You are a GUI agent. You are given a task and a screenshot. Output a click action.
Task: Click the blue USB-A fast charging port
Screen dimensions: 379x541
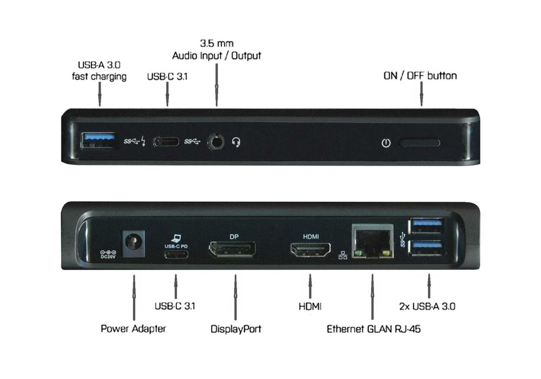pos(100,141)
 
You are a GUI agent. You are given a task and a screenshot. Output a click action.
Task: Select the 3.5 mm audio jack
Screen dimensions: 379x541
pos(216,142)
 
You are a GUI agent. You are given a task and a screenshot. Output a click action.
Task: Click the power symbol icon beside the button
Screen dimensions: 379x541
pos(386,143)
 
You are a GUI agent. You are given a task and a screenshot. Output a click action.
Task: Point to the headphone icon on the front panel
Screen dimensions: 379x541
pos(236,142)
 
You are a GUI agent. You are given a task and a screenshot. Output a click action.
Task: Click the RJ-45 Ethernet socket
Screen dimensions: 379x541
pos(372,240)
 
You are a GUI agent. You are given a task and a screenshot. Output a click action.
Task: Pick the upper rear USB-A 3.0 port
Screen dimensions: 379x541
pos(428,225)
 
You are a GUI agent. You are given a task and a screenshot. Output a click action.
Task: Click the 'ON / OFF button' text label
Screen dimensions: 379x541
pos(420,75)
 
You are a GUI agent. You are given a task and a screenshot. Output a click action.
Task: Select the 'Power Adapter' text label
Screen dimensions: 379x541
pos(133,329)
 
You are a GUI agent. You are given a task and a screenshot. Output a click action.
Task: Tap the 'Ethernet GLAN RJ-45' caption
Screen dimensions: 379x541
pos(373,329)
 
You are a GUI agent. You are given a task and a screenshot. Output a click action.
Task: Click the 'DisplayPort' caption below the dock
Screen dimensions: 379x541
pos(235,329)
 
